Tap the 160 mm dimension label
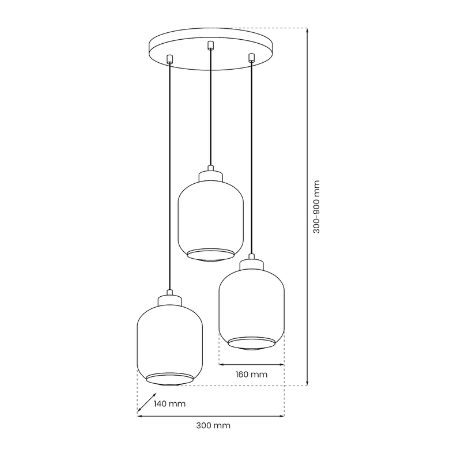click(x=252, y=375)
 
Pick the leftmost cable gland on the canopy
click(x=169, y=58)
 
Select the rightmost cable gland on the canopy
click(x=251, y=57)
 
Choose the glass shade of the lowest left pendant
click(x=169, y=340)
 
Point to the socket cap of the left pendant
click(x=169, y=300)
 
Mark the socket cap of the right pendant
click(x=251, y=264)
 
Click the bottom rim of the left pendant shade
click(x=169, y=379)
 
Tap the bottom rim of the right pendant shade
click(x=251, y=344)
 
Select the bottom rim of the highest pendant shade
click(x=211, y=254)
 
